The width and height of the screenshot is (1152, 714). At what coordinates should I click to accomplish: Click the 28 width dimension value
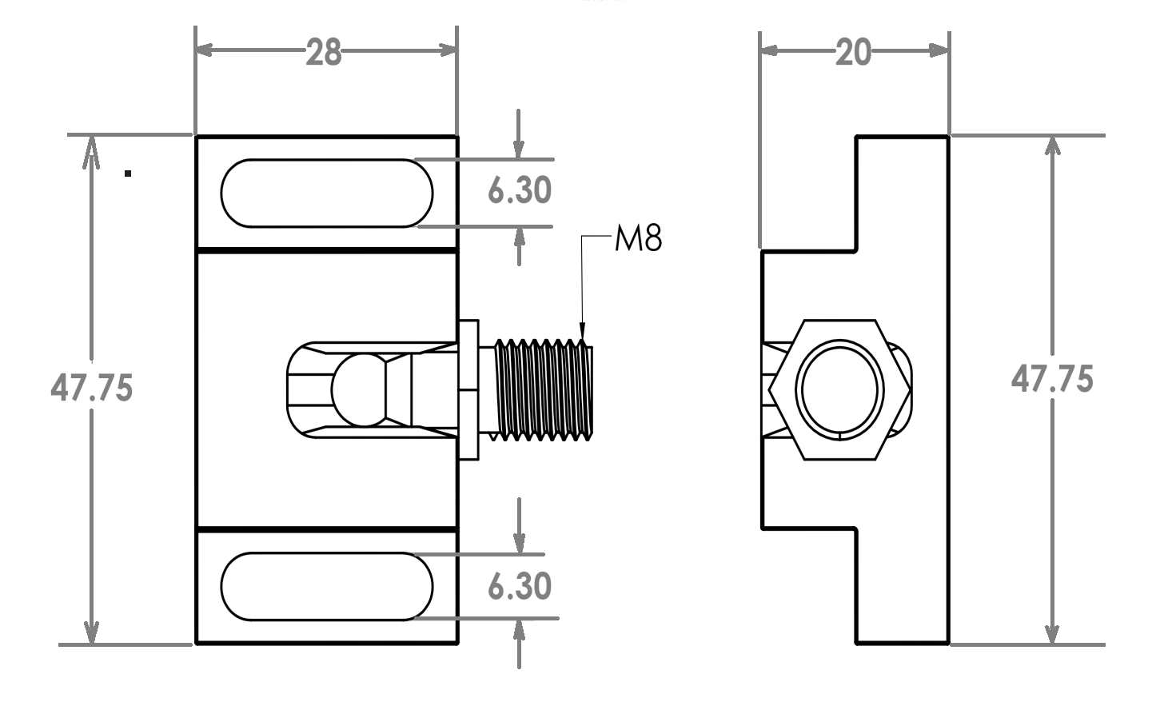[x=324, y=52]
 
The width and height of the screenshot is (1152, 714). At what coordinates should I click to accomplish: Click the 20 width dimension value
[x=853, y=52]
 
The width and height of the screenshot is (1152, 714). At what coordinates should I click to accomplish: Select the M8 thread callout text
[x=638, y=238]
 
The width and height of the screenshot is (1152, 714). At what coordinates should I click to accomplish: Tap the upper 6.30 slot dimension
[x=520, y=189]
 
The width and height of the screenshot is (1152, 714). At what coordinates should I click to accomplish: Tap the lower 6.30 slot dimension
[x=520, y=586]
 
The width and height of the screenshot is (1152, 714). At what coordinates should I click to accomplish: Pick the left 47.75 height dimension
[x=92, y=387]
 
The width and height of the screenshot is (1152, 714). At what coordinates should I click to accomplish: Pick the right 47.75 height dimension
[x=1052, y=379]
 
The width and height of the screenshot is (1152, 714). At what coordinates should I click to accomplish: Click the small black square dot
[x=128, y=174]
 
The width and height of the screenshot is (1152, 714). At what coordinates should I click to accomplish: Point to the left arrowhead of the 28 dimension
[x=205, y=50]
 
